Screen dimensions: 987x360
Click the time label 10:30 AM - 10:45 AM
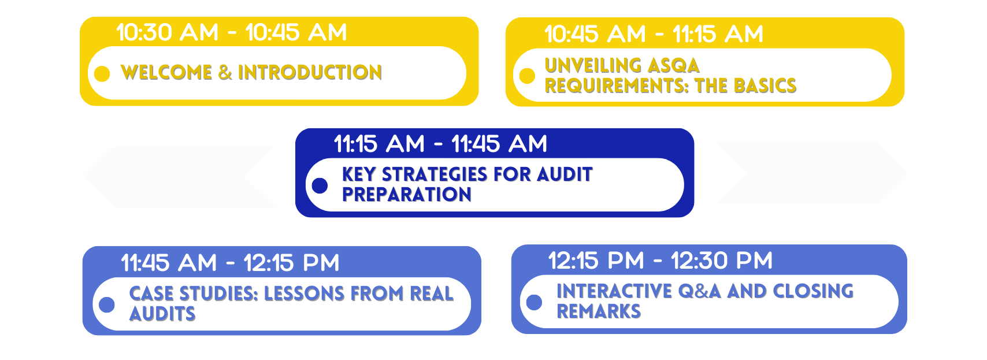232,32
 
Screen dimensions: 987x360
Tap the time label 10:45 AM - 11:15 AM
654,34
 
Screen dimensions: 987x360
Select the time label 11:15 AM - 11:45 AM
440,144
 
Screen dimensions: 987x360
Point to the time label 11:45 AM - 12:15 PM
230,263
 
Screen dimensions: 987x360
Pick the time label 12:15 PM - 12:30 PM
661,261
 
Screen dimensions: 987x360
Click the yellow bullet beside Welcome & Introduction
102,73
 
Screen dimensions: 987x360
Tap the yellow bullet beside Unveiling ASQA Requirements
527,76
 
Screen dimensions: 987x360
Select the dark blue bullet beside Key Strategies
320,185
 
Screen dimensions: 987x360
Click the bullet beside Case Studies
107,305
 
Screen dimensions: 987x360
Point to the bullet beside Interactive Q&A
534,302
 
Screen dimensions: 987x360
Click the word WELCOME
166,73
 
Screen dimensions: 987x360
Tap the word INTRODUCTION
310,73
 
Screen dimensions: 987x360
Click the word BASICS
765,86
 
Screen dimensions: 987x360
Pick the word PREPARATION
407,195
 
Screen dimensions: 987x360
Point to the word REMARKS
599,311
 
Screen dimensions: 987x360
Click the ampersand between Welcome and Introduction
225,73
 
